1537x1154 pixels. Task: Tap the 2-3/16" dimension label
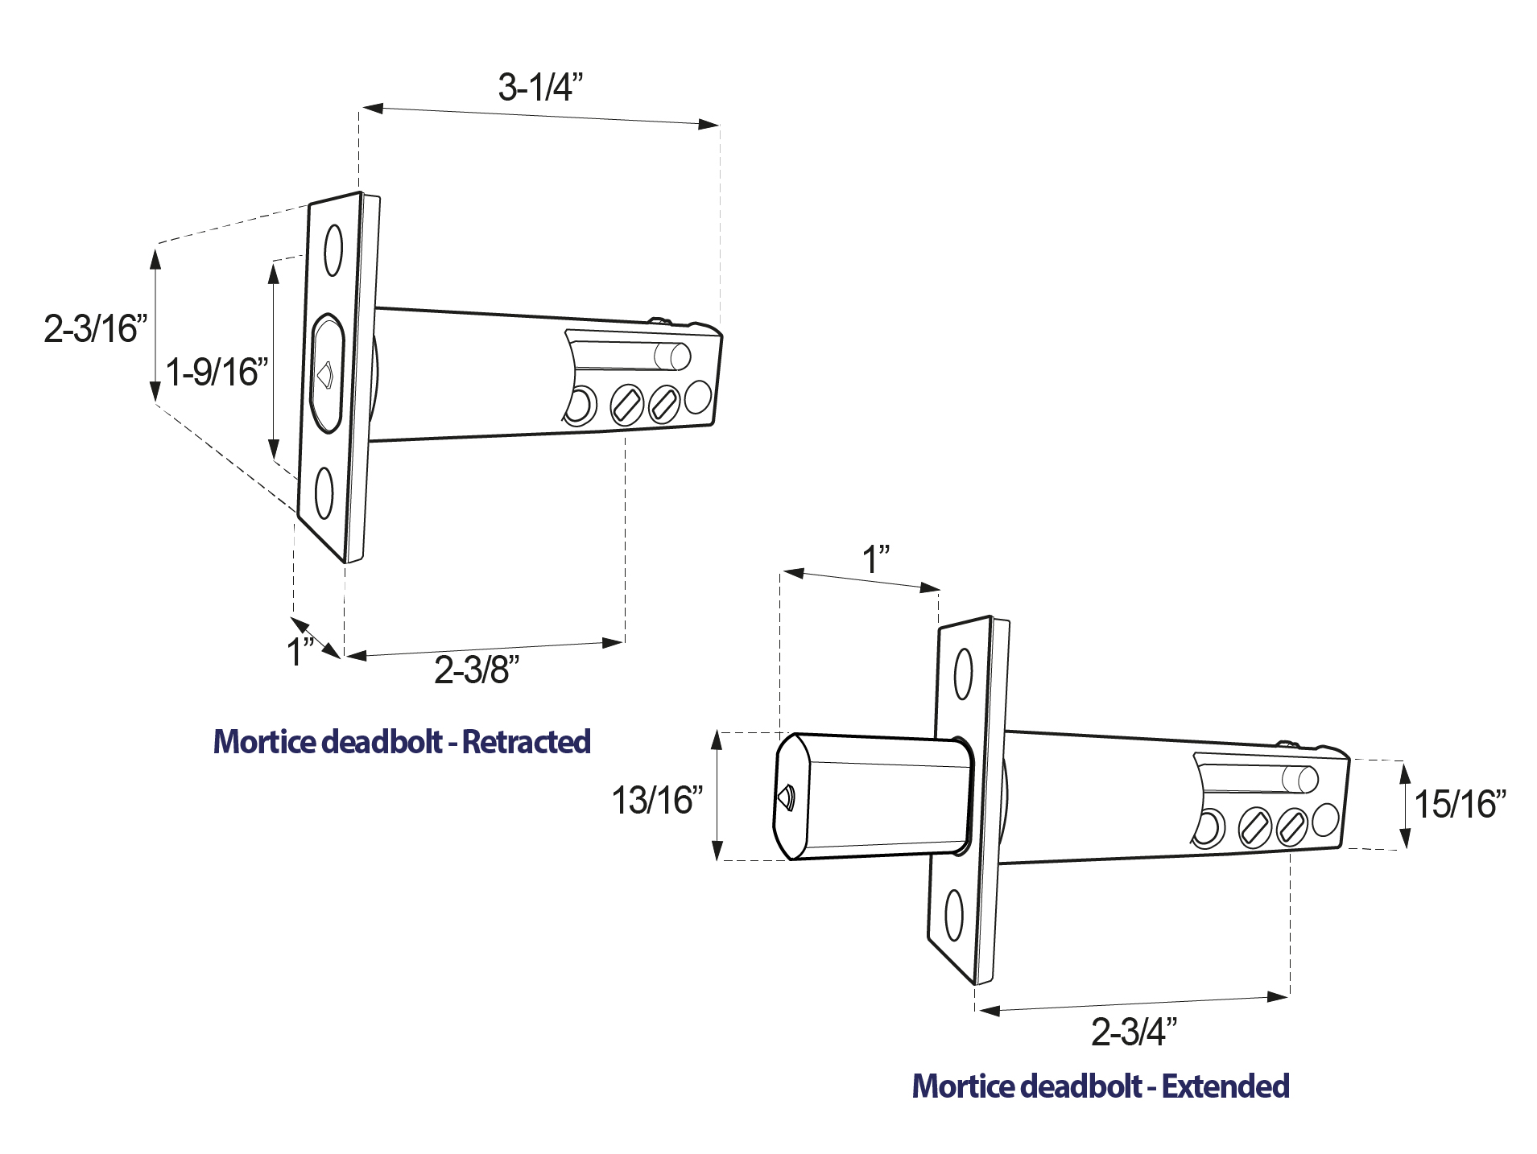point(96,328)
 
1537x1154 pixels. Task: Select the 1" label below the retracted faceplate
point(301,651)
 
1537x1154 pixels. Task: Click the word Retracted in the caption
point(527,741)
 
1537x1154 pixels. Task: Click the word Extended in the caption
point(1226,1086)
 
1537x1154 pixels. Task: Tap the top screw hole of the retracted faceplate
point(333,250)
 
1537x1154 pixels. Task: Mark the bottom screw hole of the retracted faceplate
point(324,493)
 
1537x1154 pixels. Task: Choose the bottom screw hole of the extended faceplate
point(954,916)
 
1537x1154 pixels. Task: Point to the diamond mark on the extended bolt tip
point(783,797)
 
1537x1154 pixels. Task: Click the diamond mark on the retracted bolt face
point(325,375)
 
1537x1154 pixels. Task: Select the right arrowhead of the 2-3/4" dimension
point(1279,997)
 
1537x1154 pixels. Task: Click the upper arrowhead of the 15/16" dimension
point(1405,773)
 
